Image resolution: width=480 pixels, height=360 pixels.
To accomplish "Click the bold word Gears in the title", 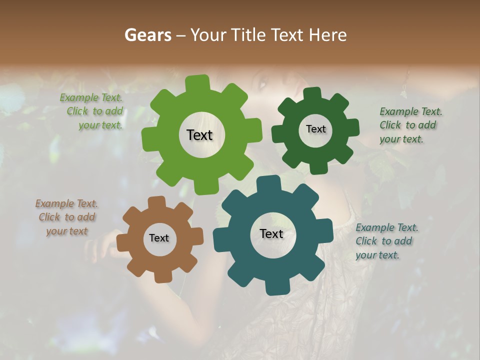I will tap(147, 35).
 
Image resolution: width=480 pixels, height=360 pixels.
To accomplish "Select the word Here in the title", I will tap(327, 35).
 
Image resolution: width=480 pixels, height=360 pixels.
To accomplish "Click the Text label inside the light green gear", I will tap(199, 135).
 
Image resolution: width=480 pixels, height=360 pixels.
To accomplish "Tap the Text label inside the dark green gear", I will tap(315, 129).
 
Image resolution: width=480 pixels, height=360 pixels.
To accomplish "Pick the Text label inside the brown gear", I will tap(159, 238).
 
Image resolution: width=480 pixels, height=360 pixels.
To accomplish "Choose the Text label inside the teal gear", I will tap(271, 234).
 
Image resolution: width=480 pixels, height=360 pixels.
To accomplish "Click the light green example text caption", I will tap(92, 111).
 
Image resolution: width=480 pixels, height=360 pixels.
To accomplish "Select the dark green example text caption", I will tap(409, 125).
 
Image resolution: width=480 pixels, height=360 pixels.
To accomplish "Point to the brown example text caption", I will tap(66, 217).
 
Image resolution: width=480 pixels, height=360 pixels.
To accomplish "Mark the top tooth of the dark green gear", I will tap(312, 94).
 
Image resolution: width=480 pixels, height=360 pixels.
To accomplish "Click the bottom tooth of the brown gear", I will tap(162, 276).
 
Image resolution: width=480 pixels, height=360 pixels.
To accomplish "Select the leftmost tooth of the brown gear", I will tap(122, 242).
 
